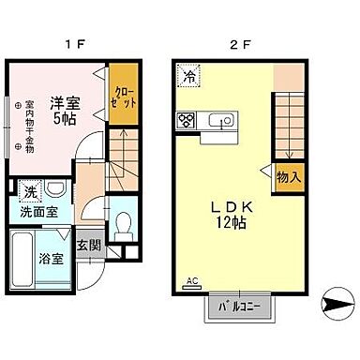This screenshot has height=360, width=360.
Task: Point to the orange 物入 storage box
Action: tap(289, 175)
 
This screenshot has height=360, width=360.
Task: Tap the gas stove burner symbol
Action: tap(186, 119)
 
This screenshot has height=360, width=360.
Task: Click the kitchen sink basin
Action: tap(222, 119)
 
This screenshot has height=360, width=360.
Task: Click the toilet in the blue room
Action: tap(123, 225)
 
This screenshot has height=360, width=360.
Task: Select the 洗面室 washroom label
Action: tap(39, 212)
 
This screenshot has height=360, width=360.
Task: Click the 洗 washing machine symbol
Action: tap(32, 191)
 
